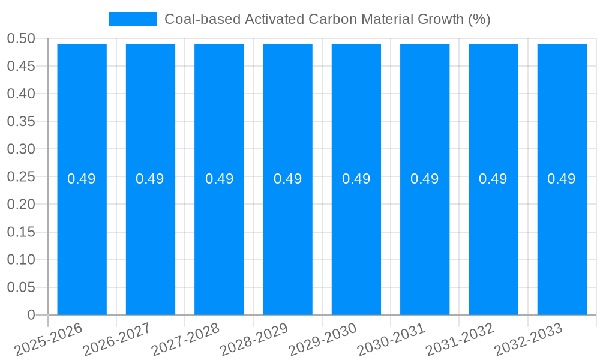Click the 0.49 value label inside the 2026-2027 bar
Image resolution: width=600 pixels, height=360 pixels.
[x=150, y=179]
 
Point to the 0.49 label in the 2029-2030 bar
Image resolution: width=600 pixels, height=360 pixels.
[x=356, y=179]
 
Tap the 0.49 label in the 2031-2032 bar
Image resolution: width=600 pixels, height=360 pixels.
[x=493, y=179]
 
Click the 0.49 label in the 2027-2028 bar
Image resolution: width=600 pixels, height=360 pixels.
[x=219, y=179]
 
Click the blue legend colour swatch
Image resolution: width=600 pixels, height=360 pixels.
[x=133, y=19]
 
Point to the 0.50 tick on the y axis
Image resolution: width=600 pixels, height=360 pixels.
[x=21, y=39]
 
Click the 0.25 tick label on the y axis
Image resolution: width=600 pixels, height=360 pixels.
[x=21, y=177]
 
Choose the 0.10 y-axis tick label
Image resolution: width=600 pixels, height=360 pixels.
[x=21, y=260]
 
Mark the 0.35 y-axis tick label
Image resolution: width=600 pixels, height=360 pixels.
[x=21, y=122]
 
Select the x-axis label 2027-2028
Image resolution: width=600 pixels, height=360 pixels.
[x=186, y=340]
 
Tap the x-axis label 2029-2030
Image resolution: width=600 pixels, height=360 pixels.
[x=323, y=340]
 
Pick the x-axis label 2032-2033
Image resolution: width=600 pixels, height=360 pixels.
[x=529, y=340]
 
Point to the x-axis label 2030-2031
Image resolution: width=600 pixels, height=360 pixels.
[x=391, y=340]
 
